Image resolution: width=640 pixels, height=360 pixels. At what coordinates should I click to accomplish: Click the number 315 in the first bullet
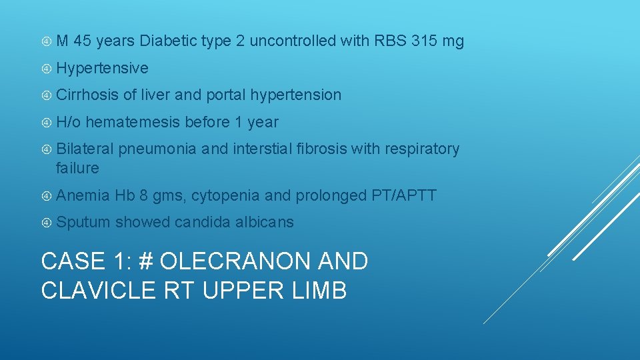(425, 41)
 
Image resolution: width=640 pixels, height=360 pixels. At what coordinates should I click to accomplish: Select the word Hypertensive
(102, 68)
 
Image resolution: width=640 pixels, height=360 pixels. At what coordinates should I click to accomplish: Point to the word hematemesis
(133, 122)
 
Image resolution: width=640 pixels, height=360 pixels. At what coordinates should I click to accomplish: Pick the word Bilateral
(85, 149)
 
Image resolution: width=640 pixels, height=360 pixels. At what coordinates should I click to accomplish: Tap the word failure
(77, 168)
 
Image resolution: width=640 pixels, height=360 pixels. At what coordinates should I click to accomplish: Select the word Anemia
(83, 195)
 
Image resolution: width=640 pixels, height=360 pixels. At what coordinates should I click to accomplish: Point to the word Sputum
(83, 222)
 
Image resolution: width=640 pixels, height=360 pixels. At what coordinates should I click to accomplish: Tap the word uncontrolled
(293, 41)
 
